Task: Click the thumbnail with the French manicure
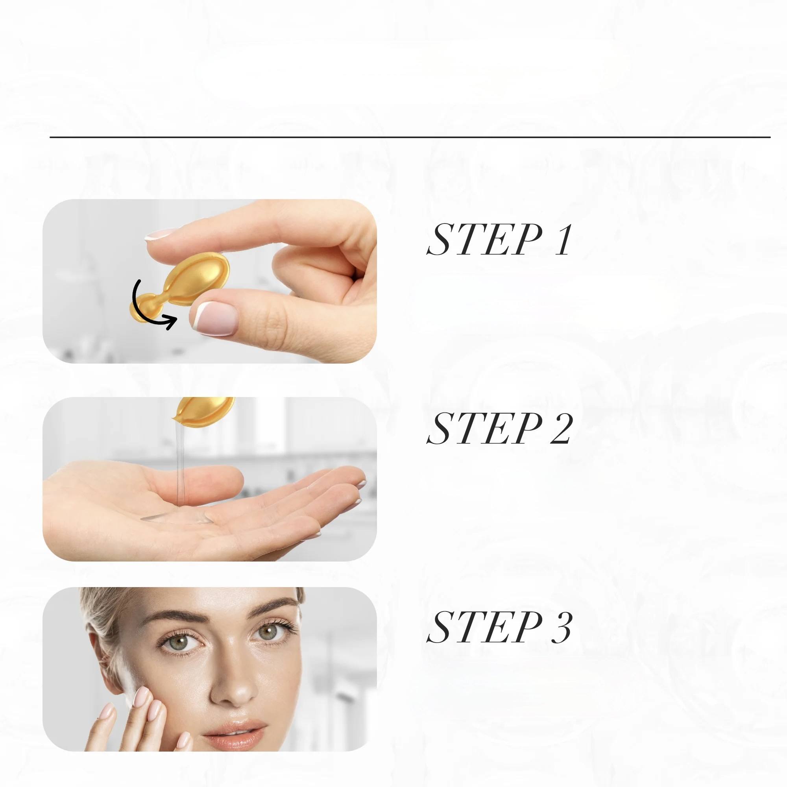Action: pos(214,318)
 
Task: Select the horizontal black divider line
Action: pos(410,137)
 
